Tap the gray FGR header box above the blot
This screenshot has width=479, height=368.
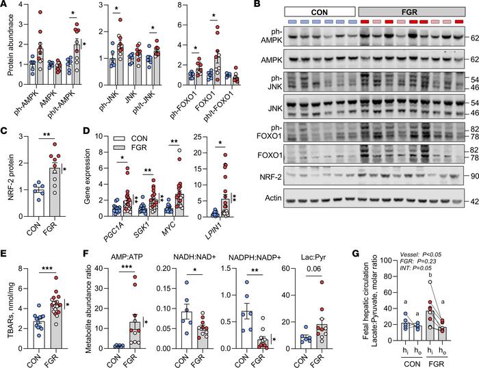[409, 12]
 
